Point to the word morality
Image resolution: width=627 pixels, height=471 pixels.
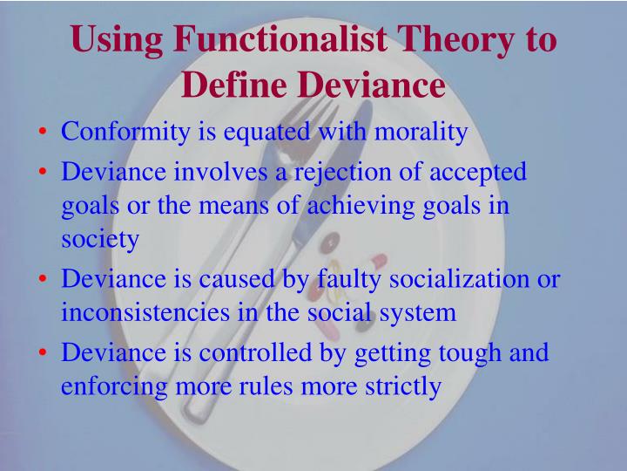[x=421, y=133]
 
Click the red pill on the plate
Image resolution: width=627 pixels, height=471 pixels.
[x=378, y=261]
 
